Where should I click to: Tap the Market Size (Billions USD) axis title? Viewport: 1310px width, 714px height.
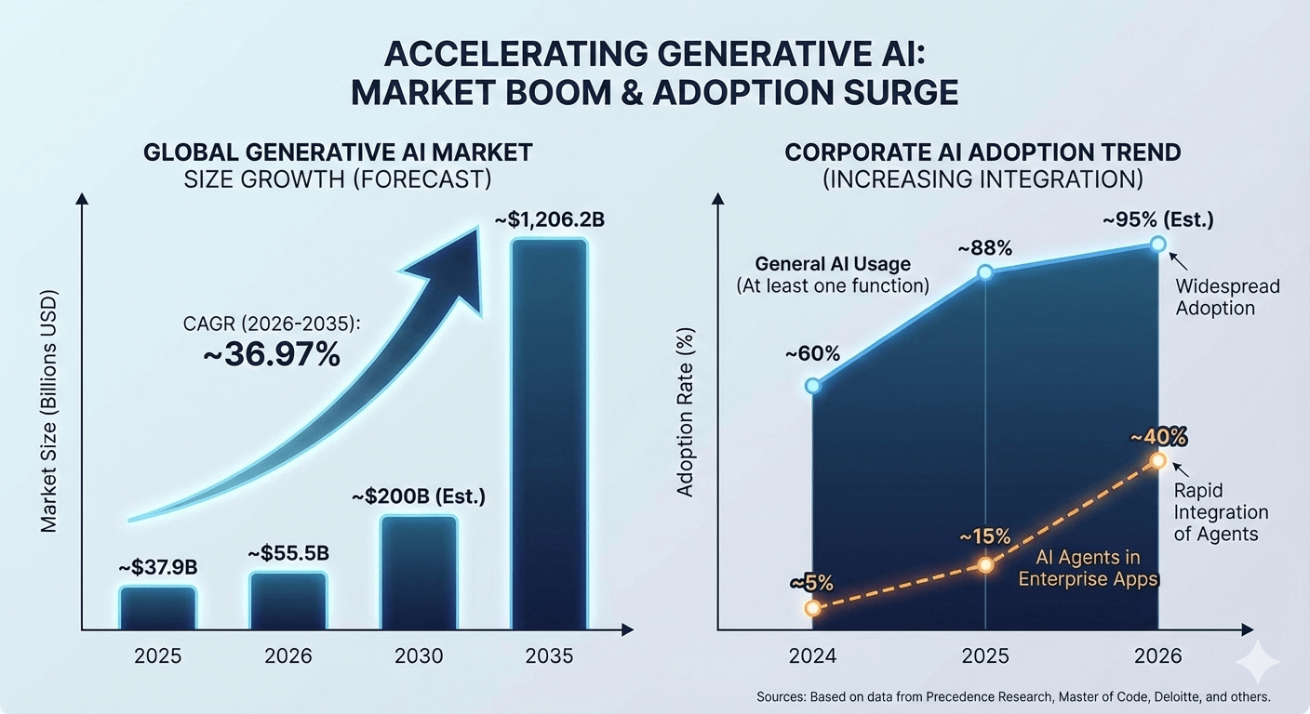49,413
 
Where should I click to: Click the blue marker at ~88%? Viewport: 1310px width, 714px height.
985,272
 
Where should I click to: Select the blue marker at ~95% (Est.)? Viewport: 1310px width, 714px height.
1157,244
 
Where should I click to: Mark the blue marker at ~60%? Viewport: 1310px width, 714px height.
813,385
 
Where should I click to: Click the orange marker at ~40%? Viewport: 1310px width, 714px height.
1157,460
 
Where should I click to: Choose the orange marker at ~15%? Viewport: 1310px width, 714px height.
985,564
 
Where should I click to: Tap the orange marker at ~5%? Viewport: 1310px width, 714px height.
813,608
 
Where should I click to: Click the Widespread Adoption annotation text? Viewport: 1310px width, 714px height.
1227,297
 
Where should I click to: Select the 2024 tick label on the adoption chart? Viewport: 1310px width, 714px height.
813,655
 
